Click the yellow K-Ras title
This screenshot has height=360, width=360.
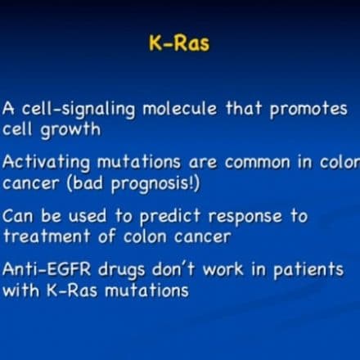179,43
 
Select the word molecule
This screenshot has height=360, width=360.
179,108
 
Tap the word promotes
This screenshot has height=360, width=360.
308,110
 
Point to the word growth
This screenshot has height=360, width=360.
70,130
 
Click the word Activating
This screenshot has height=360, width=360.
46,163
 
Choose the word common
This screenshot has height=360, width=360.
258,163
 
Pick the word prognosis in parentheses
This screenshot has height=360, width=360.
153,184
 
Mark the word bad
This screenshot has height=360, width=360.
88,182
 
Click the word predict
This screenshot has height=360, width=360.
170,217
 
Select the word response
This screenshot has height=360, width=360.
245,218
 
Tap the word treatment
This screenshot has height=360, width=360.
47,236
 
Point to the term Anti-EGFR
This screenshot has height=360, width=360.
47,269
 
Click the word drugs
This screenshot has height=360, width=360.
121,270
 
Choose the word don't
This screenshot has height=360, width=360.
173,269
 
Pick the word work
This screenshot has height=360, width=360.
223,269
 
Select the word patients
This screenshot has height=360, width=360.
308,270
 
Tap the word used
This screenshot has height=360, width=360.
88,216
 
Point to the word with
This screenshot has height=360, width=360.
20,290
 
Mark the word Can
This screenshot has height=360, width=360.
18,216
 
